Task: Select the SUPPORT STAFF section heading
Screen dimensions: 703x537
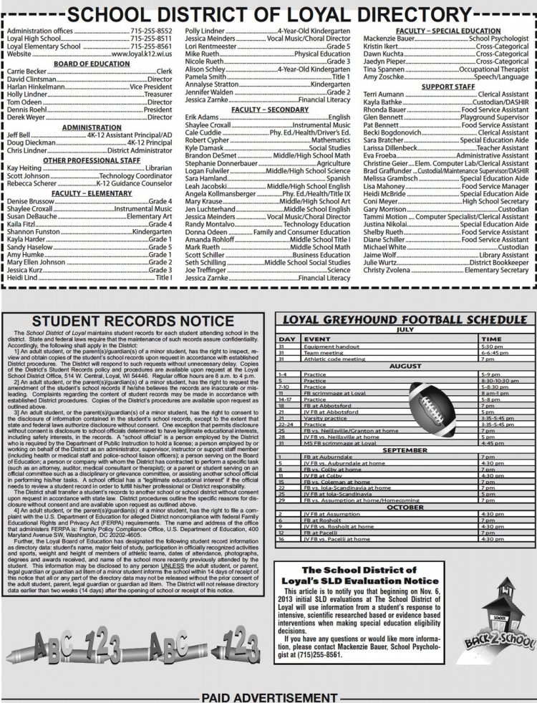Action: tap(448, 87)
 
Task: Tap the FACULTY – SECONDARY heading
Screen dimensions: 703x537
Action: tap(268, 109)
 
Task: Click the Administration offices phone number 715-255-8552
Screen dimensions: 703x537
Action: tap(151, 32)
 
